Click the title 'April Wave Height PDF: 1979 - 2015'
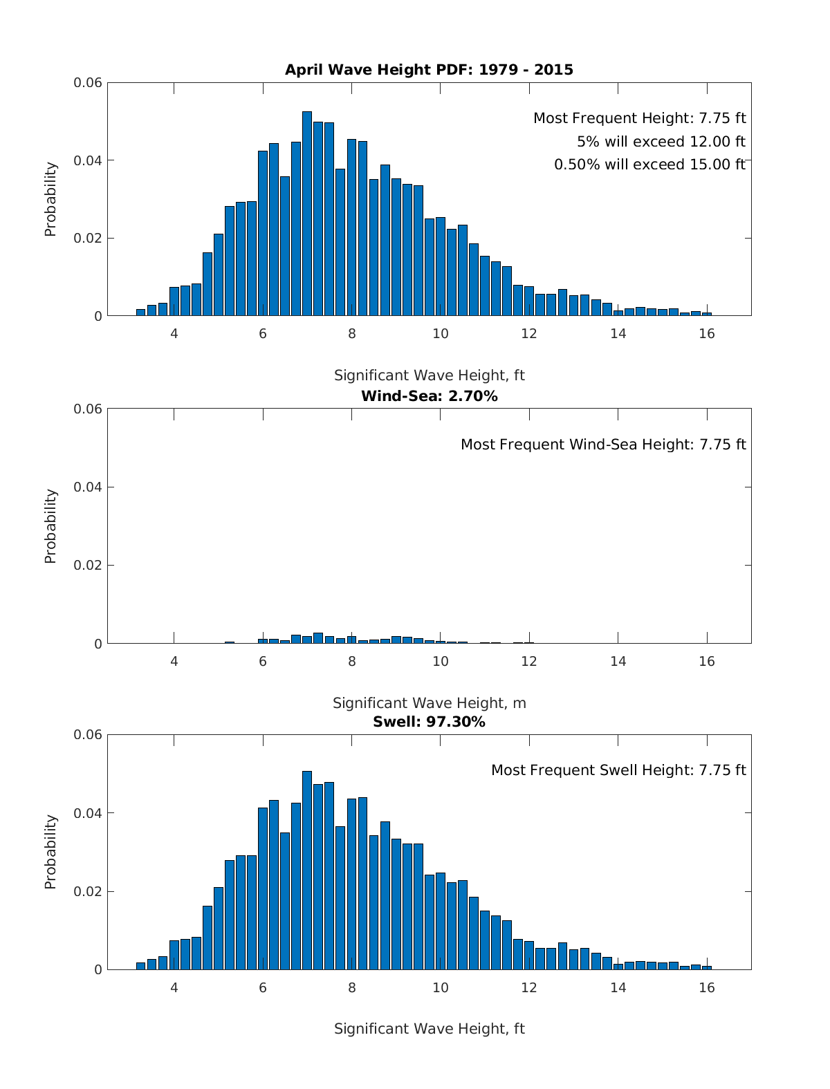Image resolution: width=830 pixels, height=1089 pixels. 429,70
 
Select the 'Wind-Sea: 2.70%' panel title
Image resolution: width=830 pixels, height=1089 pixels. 429,396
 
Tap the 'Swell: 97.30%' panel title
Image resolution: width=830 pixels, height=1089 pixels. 429,722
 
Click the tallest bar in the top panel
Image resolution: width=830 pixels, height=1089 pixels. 307,214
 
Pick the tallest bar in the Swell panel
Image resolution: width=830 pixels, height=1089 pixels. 307,871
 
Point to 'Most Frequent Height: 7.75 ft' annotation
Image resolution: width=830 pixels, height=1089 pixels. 639,119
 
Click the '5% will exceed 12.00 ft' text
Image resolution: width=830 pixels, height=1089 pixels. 661,142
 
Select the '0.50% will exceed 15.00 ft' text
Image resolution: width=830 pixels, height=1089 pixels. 649,165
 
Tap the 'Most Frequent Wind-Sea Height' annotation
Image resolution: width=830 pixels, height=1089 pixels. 603,445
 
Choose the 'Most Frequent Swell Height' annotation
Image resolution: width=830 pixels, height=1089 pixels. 618,770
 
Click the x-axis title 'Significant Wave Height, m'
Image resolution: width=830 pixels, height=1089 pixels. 429,703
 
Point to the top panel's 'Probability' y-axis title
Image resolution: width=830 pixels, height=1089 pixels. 50,199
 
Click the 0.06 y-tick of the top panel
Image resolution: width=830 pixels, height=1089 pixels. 88,83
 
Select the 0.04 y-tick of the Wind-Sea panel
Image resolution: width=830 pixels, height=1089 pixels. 88,487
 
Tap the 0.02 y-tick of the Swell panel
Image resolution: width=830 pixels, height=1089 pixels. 88,892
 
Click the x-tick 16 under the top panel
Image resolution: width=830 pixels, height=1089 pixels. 706,333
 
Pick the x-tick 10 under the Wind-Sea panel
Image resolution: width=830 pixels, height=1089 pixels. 441,661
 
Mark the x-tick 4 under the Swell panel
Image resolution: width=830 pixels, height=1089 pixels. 174,987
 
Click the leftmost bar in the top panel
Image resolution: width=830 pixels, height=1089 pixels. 140,313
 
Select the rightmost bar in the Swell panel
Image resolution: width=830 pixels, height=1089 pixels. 707,967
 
